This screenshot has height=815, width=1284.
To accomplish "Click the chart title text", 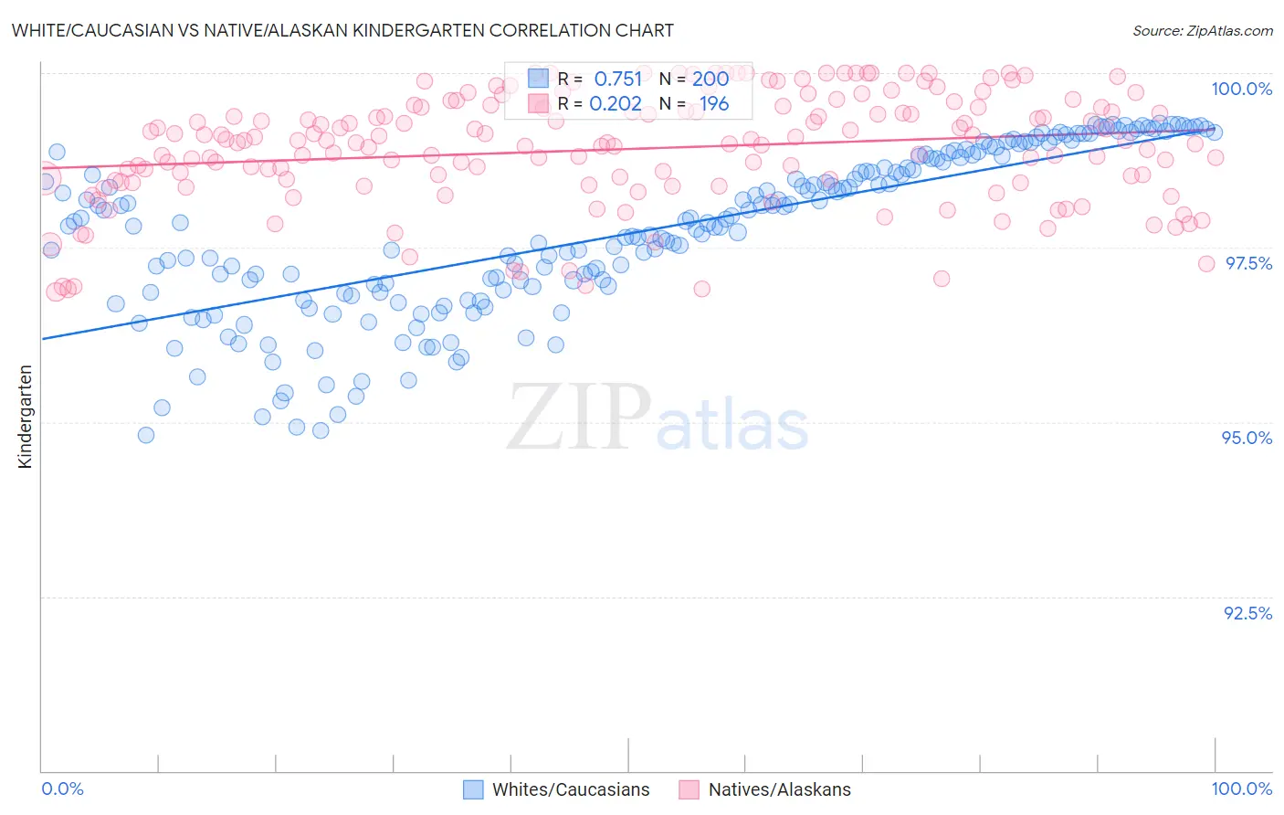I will pyautogui.click(x=342, y=30).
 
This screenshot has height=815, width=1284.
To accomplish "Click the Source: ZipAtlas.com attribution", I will pyautogui.click(x=1202, y=30).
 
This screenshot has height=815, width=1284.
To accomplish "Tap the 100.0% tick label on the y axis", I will pyautogui.click(x=1241, y=89).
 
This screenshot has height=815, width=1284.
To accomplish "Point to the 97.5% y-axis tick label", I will pyautogui.click(x=1248, y=263).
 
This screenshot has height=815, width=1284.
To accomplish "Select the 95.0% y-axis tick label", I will pyautogui.click(x=1247, y=438).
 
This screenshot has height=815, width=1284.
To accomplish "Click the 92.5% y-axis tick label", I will pyautogui.click(x=1247, y=613).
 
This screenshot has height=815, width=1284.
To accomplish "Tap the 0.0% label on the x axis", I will pyautogui.click(x=62, y=789).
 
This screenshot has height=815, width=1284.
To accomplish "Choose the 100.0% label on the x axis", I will pyautogui.click(x=1241, y=789).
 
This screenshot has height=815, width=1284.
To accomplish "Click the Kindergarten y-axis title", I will pyautogui.click(x=26, y=417).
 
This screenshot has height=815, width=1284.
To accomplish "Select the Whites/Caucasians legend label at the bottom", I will pyautogui.click(x=571, y=789).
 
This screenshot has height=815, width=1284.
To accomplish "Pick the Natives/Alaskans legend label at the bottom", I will pyautogui.click(x=779, y=789).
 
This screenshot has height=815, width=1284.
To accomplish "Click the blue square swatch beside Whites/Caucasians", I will pyautogui.click(x=473, y=789).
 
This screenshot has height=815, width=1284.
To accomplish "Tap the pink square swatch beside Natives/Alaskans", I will pyautogui.click(x=689, y=789).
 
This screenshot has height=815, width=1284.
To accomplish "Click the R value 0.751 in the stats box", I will pyautogui.click(x=618, y=79).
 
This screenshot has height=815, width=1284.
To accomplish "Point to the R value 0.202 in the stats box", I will pyautogui.click(x=616, y=103).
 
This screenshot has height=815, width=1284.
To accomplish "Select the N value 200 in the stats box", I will pyautogui.click(x=710, y=79).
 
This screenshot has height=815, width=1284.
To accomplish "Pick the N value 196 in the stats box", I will pyautogui.click(x=714, y=103).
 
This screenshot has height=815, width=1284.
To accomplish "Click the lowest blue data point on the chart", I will pyautogui.click(x=146, y=435).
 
